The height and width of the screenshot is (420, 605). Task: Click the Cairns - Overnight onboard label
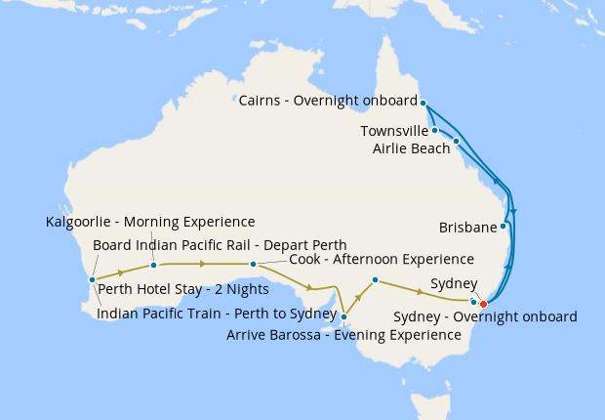328,100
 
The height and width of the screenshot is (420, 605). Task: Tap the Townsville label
394,131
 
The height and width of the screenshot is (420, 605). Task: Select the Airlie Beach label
411,148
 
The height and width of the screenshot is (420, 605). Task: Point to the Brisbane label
467,228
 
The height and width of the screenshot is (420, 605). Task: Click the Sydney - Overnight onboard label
485,316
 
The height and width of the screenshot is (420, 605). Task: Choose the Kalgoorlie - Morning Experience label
150,222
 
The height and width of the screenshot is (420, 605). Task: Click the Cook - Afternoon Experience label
382,259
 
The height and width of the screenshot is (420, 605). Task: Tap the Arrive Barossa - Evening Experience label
343,334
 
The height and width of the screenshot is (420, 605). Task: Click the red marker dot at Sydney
483,304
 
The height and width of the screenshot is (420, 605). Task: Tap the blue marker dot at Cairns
423,101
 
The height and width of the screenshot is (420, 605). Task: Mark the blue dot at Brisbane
504,227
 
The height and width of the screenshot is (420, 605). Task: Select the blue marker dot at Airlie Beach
456,141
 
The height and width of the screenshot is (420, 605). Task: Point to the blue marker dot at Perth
92,279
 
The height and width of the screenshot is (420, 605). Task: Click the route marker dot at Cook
253,264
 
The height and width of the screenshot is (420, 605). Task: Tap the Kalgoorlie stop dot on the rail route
153,265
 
